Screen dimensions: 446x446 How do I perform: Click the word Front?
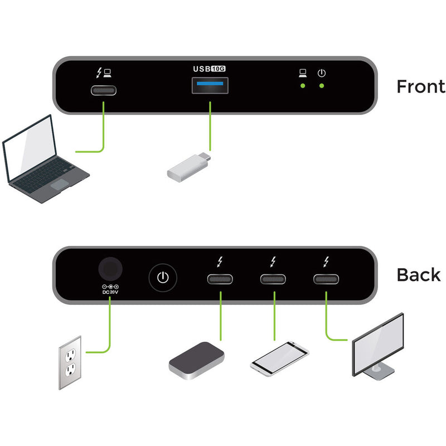420,86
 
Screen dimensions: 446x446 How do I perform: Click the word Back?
418,275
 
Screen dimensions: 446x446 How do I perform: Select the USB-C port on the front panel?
104,91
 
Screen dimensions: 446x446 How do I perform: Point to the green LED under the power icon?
322,86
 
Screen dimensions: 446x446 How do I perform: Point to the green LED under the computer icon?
303,86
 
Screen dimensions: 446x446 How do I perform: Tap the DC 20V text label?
110,291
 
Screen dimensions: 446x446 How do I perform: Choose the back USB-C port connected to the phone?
274,280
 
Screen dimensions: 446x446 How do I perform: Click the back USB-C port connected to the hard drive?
221,280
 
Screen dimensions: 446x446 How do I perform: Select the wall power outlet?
71,362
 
